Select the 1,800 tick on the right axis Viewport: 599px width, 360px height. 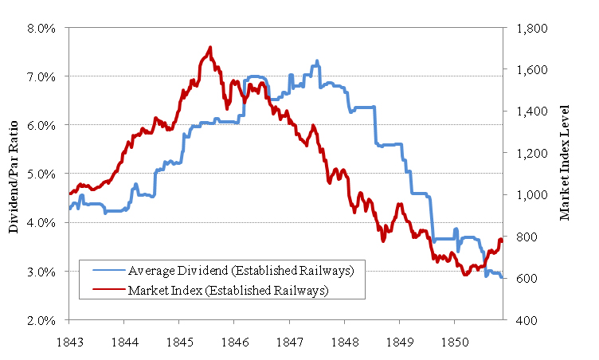coord(532,28)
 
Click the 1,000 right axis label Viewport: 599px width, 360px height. coord(532,195)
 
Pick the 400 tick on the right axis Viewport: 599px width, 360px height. coord(527,320)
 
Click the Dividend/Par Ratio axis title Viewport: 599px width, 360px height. coord(14,174)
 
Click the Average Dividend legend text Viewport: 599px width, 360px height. coord(241,271)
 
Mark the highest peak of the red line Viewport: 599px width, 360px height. coord(210,47)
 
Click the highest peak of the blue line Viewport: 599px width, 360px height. coord(317,61)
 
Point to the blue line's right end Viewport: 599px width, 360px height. coord(502,277)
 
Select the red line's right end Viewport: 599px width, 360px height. coord(502,240)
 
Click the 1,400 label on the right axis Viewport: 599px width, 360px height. coord(532,112)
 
